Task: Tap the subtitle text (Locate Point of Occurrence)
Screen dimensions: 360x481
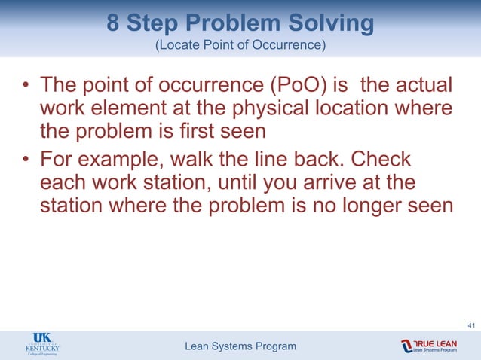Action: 240,47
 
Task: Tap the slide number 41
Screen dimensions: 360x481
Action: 471,325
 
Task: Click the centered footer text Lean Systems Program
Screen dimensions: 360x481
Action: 240,346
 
